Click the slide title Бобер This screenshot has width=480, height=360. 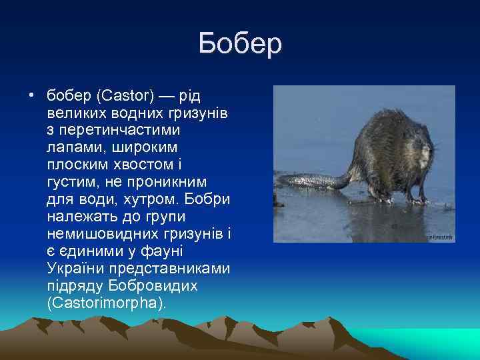coord(240,45)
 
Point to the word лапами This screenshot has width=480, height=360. coord(73,145)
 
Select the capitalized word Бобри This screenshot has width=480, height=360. coord(207,199)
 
